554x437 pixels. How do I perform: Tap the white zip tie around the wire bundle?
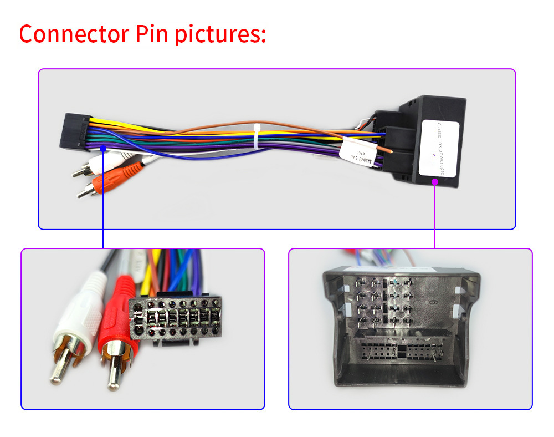(x=257, y=136)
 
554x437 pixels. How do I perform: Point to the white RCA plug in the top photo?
(x=89, y=166)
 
